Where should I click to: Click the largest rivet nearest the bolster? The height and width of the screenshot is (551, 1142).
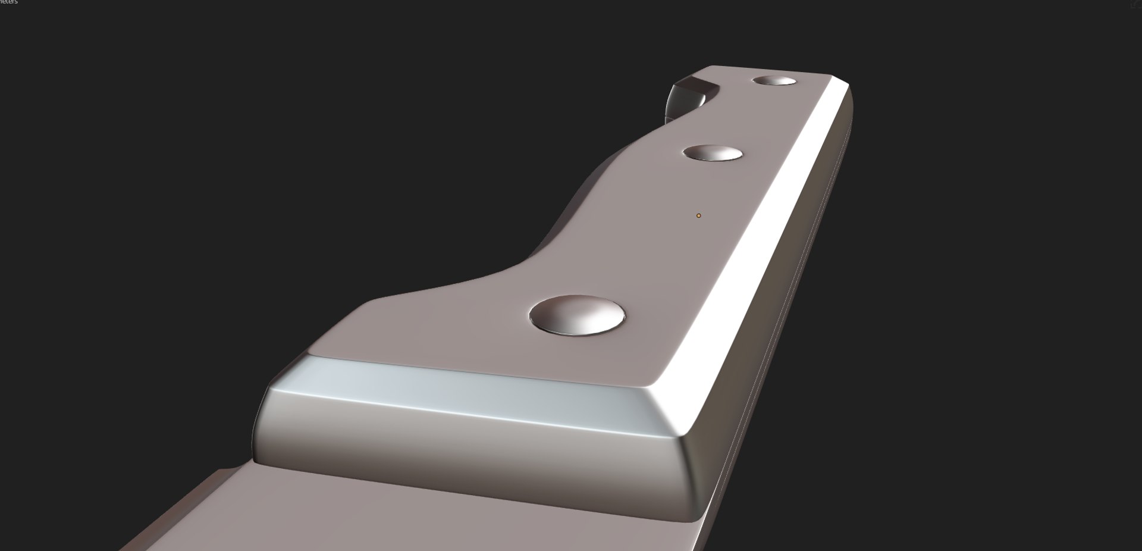[577, 314]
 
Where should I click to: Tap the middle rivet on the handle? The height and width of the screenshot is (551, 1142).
[713, 153]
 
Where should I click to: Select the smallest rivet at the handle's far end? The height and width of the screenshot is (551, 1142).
[774, 81]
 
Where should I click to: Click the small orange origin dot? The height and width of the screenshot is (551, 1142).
[698, 215]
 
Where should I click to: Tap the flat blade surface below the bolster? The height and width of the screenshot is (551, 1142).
[416, 512]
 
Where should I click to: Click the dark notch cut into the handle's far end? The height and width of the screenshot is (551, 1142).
[684, 98]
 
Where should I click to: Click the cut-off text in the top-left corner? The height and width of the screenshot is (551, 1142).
[8, 2]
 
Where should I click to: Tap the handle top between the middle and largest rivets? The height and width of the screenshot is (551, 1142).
[642, 232]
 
